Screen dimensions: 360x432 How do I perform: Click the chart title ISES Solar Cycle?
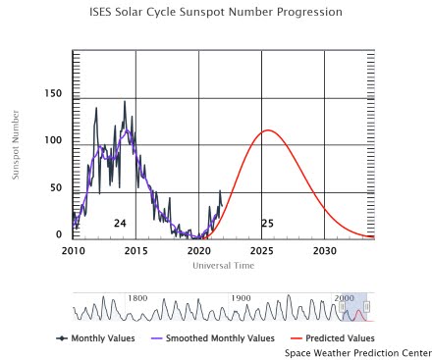[215, 13]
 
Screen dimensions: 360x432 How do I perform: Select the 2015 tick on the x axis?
[135, 251]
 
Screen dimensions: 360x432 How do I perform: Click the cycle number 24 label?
[120, 224]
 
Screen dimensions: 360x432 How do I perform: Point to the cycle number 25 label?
[267, 224]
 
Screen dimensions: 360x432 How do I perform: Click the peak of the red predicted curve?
[266, 130]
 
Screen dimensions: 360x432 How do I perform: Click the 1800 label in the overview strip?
[137, 298]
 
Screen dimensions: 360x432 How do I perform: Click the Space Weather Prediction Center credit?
[357, 351]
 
